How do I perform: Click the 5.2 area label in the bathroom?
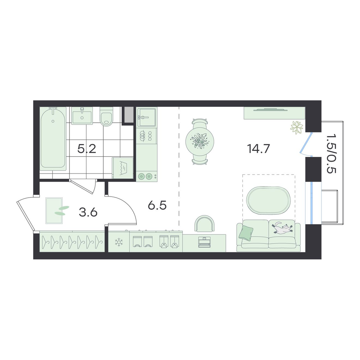(86, 149)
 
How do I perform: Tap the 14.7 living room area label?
(258, 149)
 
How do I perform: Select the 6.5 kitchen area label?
(157, 205)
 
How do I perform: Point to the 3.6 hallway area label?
(88, 212)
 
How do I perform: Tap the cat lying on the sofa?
(282, 228)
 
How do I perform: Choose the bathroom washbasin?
(82, 116)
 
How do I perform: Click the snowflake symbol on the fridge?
(119, 242)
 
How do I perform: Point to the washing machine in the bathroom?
(123, 168)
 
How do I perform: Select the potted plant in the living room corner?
(297, 128)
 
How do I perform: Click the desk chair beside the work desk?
(204, 223)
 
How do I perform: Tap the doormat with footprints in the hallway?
(54, 211)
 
